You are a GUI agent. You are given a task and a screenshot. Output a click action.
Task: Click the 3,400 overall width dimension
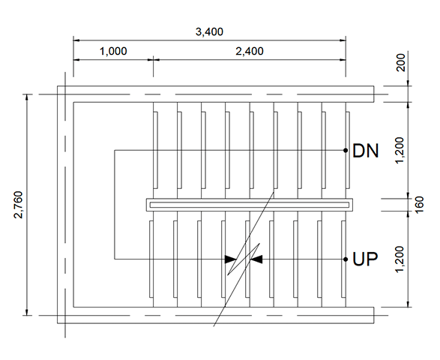[209, 31]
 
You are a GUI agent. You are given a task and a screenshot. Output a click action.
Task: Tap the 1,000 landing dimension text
[113, 51]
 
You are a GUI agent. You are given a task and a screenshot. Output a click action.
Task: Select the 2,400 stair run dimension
[250, 51]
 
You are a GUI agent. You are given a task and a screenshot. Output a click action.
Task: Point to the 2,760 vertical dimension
[19, 205]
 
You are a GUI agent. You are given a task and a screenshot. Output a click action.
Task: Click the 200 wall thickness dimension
[401, 62]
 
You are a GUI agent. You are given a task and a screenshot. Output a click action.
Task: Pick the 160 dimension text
[419, 205]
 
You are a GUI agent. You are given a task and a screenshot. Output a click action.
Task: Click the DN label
[365, 151]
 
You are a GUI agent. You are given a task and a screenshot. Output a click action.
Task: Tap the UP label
[365, 259]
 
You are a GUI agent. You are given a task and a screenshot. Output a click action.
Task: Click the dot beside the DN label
[346, 150]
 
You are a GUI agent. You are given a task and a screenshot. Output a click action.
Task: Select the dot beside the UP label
[346, 259]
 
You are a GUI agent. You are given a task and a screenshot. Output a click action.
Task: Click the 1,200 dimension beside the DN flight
[400, 150]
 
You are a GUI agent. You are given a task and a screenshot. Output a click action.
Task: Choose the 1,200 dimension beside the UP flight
[400, 259]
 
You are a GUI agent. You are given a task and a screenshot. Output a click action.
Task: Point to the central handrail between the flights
[250, 205]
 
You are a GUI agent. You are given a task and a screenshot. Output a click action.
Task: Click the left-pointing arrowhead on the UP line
[257, 259]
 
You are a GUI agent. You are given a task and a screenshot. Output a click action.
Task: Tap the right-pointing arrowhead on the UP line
[231, 259]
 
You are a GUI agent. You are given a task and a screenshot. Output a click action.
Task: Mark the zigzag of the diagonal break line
[244, 259]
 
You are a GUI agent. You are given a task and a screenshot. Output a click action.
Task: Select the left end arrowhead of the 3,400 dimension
[76, 40]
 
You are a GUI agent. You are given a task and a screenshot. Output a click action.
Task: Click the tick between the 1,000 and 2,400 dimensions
[153, 59]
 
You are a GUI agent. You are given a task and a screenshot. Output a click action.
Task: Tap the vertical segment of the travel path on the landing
[115, 205]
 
